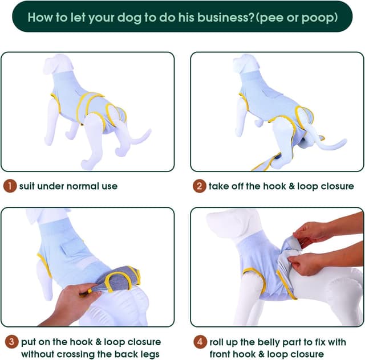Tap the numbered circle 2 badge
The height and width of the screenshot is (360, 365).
pyautogui.click(x=199, y=186)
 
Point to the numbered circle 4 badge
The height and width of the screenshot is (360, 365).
pyautogui.click(x=199, y=342)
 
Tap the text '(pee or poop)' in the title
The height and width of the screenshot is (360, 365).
pyautogui.click(x=296, y=17)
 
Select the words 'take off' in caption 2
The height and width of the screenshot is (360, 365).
pyautogui.click(x=226, y=186)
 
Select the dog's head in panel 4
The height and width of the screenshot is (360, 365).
pyautogui.click(x=225, y=223)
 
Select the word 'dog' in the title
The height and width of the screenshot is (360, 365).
pyautogui.click(x=131, y=17)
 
